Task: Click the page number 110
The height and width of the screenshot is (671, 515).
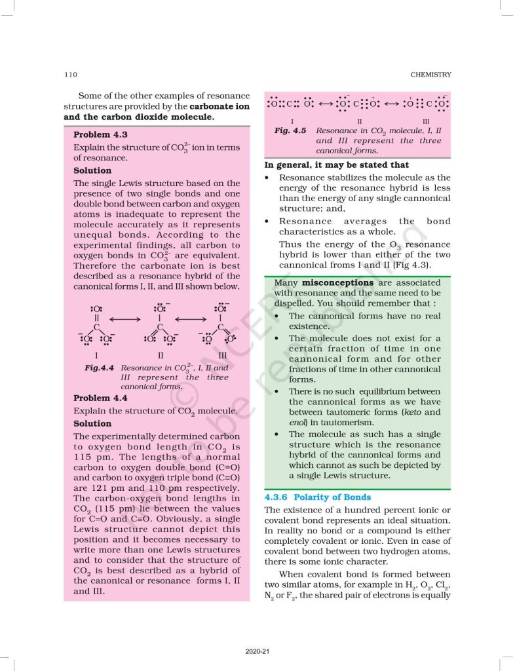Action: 70,75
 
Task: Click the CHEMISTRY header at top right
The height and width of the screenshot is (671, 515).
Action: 430,75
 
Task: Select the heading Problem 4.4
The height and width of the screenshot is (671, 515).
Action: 100,398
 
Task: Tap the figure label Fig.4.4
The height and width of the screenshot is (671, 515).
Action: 100,368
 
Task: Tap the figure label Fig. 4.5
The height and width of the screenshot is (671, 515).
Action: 291,131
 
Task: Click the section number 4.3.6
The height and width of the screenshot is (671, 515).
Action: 278,497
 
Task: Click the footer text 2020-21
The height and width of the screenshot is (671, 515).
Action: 257,651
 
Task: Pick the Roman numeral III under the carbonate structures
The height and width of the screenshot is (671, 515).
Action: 222,355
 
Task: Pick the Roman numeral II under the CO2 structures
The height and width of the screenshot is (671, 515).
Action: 359,121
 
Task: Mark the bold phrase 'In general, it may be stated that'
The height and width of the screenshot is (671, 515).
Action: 336,164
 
